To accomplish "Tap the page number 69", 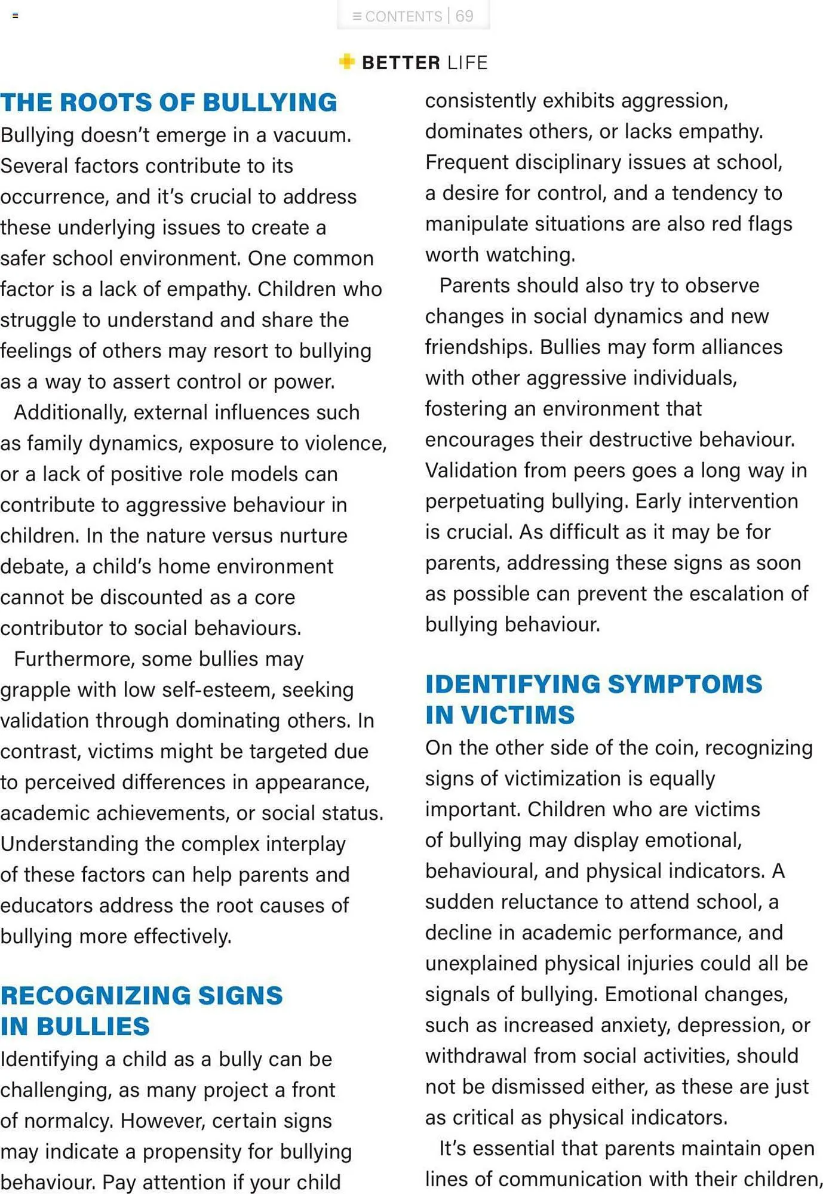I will [464, 16].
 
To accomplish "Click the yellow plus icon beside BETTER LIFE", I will [346, 61].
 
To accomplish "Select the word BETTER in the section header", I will [401, 63].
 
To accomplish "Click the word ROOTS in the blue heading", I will [106, 103].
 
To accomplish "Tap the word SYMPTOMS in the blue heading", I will [684, 684].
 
